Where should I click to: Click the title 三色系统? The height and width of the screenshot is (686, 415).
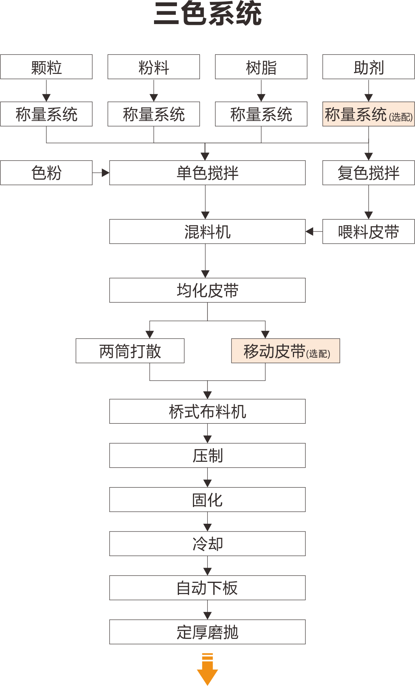pyautogui.click(x=207, y=14)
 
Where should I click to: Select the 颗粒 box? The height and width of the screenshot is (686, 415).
pyautogui.click(x=46, y=67)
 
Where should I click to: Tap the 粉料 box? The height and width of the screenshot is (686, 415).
pyautogui.click(x=154, y=67)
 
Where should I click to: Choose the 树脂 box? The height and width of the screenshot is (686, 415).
pyautogui.click(x=261, y=67)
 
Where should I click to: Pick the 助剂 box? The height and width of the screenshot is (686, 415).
pyautogui.click(x=368, y=67)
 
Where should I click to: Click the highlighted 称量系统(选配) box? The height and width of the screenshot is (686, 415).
pyautogui.click(x=368, y=114)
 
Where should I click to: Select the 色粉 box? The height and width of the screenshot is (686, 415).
pyautogui.click(x=46, y=173)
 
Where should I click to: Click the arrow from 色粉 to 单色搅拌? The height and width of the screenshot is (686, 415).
pyautogui.click(x=101, y=173)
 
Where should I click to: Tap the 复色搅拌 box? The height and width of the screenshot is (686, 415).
pyautogui.click(x=368, y=173)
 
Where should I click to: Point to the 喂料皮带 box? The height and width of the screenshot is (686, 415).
pyautogui.click(x=368, y=232)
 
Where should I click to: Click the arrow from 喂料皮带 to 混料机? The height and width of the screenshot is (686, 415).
pyautogui.click(x=314, y=232)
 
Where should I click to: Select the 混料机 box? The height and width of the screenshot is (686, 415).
pyautogui.click(x=207, y=232)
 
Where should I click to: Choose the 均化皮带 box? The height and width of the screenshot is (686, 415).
pyautogui.click(x=207, y=290)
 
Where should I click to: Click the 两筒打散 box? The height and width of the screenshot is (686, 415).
pyautogui.click(x=130, y=351)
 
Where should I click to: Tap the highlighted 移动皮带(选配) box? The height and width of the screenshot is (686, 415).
pyautogui.click(x=285, y=351)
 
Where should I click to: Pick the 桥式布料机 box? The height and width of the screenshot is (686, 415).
pyautogui.click(x=207, y=411)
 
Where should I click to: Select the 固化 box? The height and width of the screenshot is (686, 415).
pyautogui.click(x=207, y=500)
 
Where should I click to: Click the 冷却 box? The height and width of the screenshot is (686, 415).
pyautogui.click(x=207, y=544)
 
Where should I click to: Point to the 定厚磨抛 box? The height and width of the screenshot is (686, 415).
pyautogui.click(x=207, y=632)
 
